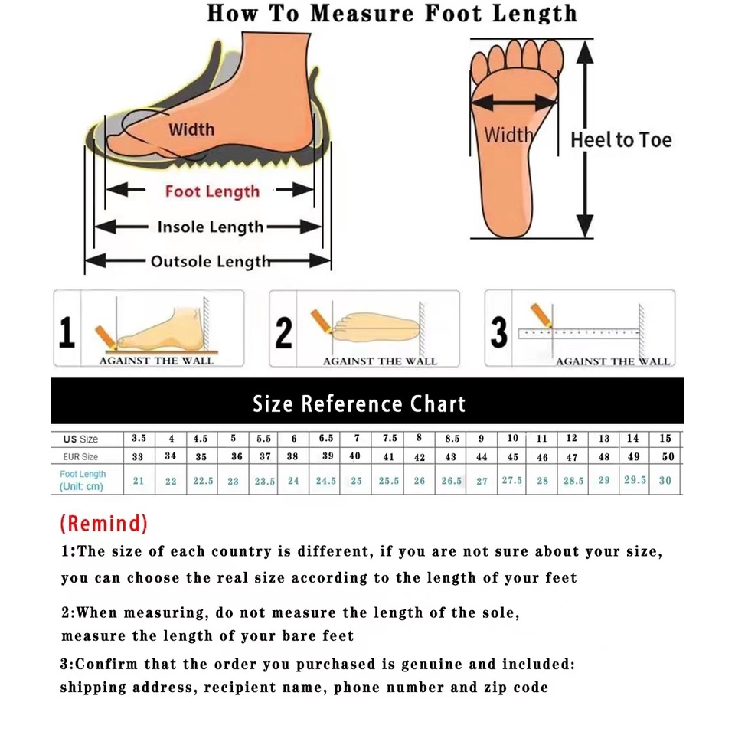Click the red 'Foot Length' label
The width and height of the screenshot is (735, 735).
[212, 191]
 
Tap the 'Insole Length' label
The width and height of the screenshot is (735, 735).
[211, 227]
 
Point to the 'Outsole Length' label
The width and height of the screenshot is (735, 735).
[211, 262]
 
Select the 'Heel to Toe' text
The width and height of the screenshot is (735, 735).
[621, 139]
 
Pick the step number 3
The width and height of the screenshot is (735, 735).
[498, 332]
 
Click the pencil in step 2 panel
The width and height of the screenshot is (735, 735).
[322, 321]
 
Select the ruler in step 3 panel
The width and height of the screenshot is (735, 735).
[579, 333]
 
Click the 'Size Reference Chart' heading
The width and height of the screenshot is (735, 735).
[359, 403]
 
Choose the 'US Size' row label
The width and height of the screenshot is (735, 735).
[80, 439]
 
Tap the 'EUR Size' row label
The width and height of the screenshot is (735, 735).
[80, 456]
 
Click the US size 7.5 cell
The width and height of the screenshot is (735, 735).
[390, 438]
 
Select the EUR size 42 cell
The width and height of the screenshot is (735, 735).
[420, 457]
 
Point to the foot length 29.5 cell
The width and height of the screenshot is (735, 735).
[635, 479]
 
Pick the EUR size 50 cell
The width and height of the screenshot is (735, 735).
[668, 456]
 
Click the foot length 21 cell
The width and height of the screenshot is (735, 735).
[139, 481]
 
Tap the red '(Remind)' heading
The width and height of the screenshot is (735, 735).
[103, 523]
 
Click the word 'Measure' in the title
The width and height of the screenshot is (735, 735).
[363, 14]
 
